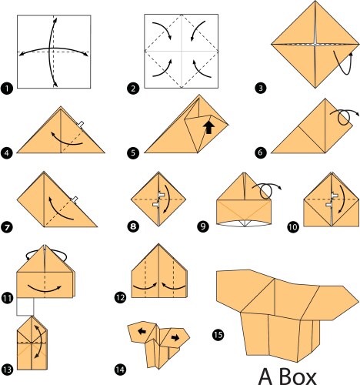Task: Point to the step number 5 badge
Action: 133,153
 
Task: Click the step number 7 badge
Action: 8,228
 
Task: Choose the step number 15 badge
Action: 218,333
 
